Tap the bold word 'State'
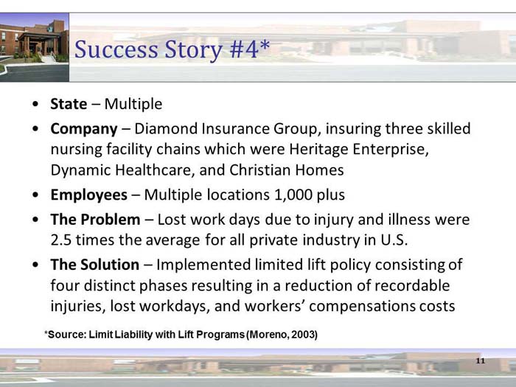[x=69, y=104]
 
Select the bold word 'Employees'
[x=88, y=195]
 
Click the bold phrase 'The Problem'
[x=95, y=220]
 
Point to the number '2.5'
[x=63, y=240]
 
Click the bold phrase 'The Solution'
[x=94, y=264]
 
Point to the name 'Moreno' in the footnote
[x=266, y=335]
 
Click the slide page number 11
[x=481, y=360]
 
